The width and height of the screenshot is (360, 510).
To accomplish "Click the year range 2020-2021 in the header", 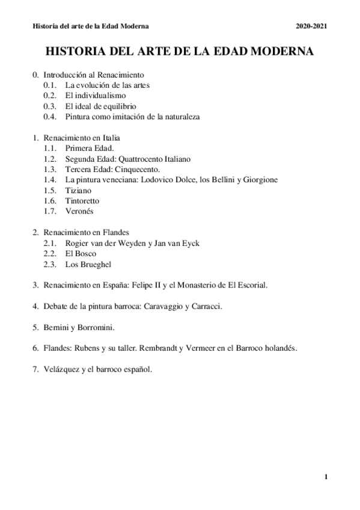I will [311, 27].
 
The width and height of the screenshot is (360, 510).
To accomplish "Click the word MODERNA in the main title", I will [276, 52].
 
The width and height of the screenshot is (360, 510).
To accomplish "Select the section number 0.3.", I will [50, 106].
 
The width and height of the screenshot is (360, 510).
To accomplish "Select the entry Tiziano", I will [77, 190].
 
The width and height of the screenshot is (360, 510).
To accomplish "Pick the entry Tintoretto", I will [83, 200].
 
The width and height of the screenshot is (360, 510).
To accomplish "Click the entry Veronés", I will [79, 211].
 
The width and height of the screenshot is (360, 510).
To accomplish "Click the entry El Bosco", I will [80, 253].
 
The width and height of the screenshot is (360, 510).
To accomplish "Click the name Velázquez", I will [62, 369].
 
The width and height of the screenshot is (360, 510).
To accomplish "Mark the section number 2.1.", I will [50, 243].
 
